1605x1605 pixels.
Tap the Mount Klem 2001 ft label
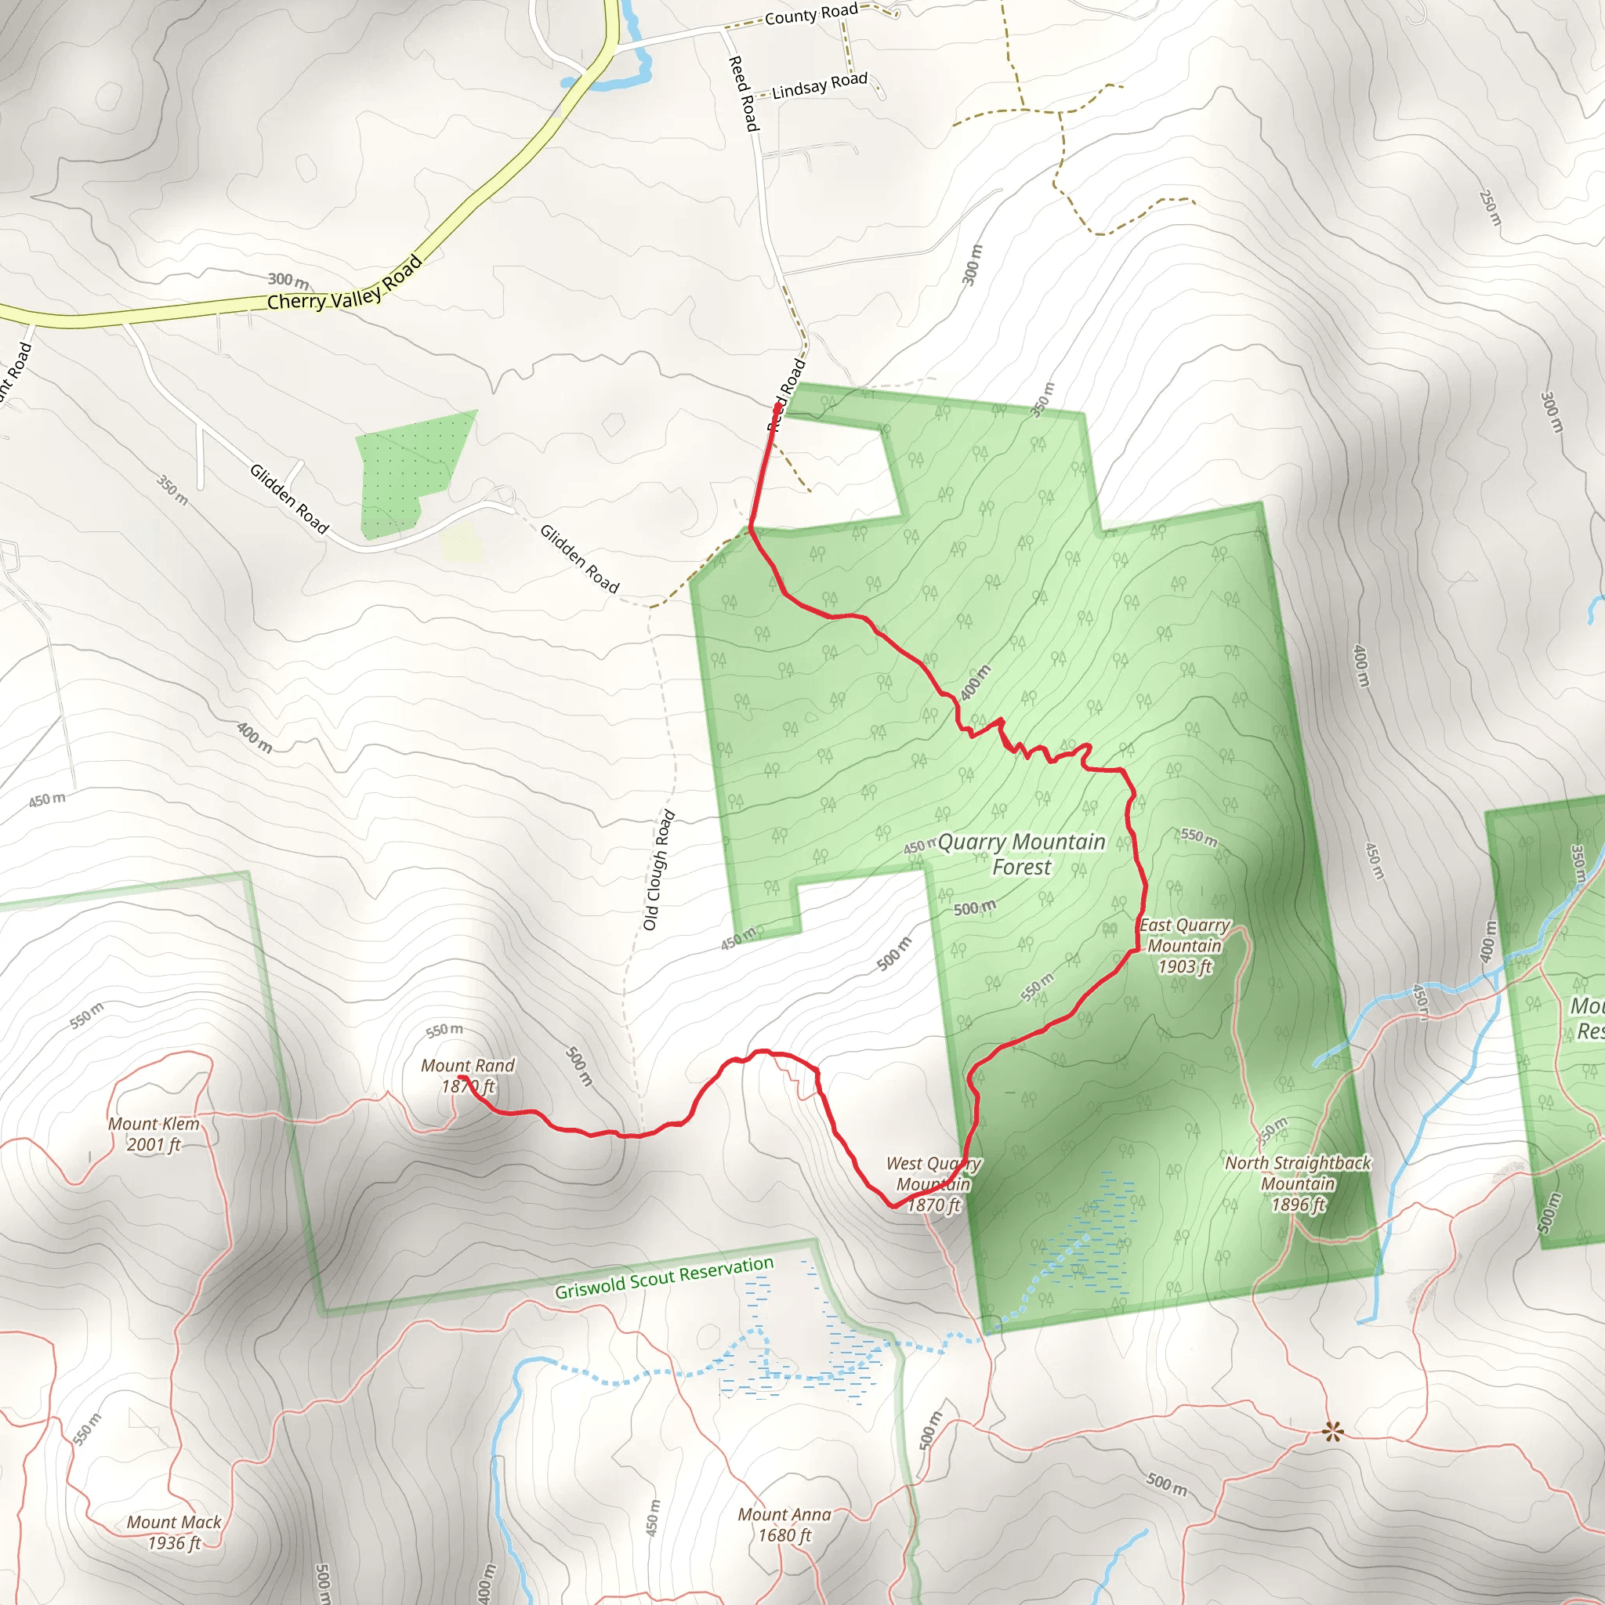click(154, 1134)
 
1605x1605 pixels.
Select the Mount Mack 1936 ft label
click(174, 1533)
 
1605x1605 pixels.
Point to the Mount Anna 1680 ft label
click(784, 1524)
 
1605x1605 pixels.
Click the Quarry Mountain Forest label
click(1021, 854)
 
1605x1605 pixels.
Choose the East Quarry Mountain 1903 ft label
click(1184, 945)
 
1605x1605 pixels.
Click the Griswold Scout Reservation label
click(664, 1277)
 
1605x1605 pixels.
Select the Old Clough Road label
click(658, 870)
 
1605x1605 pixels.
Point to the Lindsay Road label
click(819, 85)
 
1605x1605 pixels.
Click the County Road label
click(811, 14)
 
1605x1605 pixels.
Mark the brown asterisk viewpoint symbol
click(1332, 1431)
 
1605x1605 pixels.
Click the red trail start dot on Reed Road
click(777, 407)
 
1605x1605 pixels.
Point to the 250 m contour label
click(1491, 208)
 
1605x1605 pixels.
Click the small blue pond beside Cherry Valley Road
click(610, 82)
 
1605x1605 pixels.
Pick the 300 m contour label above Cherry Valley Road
click(288, 280)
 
